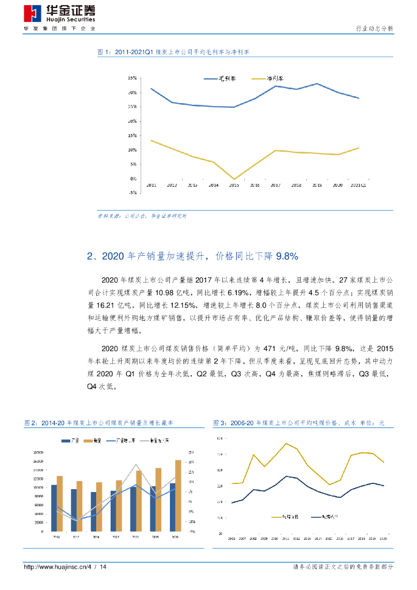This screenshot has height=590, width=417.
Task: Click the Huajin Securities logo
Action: click(x=59, y=14)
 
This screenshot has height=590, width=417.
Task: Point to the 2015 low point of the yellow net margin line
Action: click(x=234, y=179)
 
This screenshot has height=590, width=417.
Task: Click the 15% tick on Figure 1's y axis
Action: click(x=132, y=135)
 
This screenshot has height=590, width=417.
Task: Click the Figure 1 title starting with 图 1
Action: click(x=173, y=52)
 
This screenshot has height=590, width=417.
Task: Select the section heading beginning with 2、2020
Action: click(x=192, y=255)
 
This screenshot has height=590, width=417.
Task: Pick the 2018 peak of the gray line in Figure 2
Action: click(x=136, y=464)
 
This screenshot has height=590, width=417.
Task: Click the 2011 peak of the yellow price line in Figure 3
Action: click(x=286, y=443)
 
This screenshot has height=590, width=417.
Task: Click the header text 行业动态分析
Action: click(x=372, y=28)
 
